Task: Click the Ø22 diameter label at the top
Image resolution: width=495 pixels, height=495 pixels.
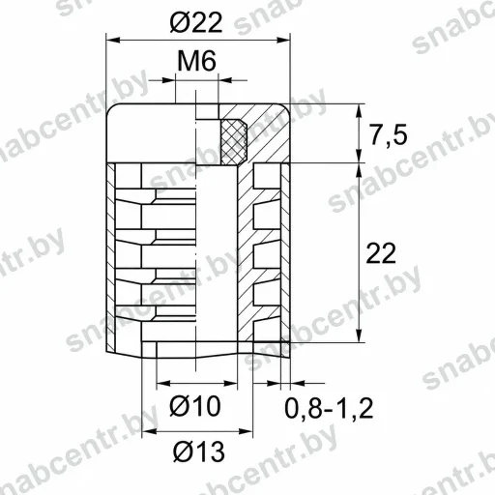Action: pos(196,23)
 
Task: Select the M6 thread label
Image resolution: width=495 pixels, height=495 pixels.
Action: pos(196,61)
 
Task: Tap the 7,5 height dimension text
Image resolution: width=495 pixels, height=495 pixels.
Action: pos(389,135)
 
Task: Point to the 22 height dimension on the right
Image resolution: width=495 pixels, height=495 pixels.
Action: pos(381,253)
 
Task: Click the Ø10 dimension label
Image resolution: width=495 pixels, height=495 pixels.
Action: pos(195,406)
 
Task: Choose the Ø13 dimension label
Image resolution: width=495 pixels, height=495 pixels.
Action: pos(199,451)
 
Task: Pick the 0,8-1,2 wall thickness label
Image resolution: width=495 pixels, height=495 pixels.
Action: pos(329,408)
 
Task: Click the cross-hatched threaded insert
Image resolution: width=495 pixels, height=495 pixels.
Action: pos(234,141)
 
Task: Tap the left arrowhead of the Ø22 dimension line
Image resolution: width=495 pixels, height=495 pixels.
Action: pos(113,40)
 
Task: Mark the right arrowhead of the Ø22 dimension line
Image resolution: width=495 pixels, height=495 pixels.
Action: pos(283,40)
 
